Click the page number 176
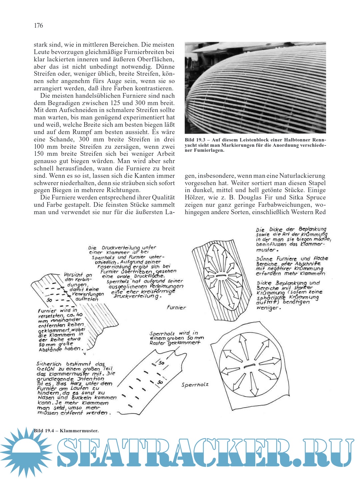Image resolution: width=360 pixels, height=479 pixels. tap(38, 26)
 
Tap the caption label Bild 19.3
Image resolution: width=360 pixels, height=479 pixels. tap(195, 140)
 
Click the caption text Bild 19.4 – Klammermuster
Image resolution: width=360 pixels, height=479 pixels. tap(66, 431)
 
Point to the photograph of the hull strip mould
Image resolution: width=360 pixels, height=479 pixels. tap(255, 87)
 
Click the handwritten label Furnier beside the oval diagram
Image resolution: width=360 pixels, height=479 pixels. tap(176, 308)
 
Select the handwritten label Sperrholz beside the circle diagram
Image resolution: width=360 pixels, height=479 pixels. tap(195, 385)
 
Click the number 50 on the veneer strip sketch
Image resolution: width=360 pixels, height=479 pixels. tap(50, 300)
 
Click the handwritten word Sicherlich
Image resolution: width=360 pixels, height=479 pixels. tap(50, 364)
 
